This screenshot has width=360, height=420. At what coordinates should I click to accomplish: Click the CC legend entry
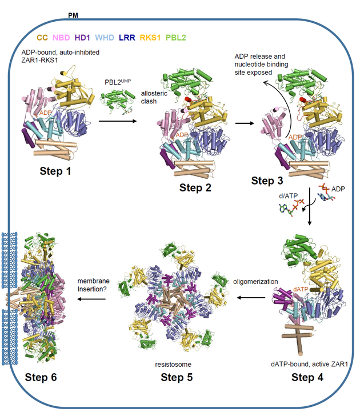click(x=42, y=38)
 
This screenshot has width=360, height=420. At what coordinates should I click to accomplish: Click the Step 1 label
click(x=59, y=171)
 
